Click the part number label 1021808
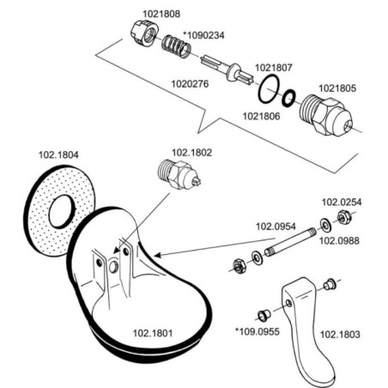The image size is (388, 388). coord(161,14)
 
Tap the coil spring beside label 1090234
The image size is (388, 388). coord(176,45)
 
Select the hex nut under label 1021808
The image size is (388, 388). coord(145,33)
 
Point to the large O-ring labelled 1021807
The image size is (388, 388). coord(269,89)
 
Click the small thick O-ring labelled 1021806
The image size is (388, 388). coord(288,99)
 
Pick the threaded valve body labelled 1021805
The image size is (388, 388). coord(325,115)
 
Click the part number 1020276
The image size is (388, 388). coord(190,84)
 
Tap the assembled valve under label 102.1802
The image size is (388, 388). coord(179,174)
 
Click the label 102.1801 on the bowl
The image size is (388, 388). coord(153,333)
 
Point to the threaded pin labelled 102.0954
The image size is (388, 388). coord(290,242)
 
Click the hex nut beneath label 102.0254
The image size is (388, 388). coord(343,217)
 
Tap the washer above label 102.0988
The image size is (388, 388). coord(325,226)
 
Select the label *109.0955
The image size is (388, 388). coord(257,331)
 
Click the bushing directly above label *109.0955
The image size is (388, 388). coord(264,314)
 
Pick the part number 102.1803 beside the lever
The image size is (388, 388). coord(340,334)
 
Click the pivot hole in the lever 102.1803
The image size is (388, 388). coord(289,303)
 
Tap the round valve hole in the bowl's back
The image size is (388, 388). coord(113,267)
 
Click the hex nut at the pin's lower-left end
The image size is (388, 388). coord(238,265)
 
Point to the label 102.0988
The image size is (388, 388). coord(339,240)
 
